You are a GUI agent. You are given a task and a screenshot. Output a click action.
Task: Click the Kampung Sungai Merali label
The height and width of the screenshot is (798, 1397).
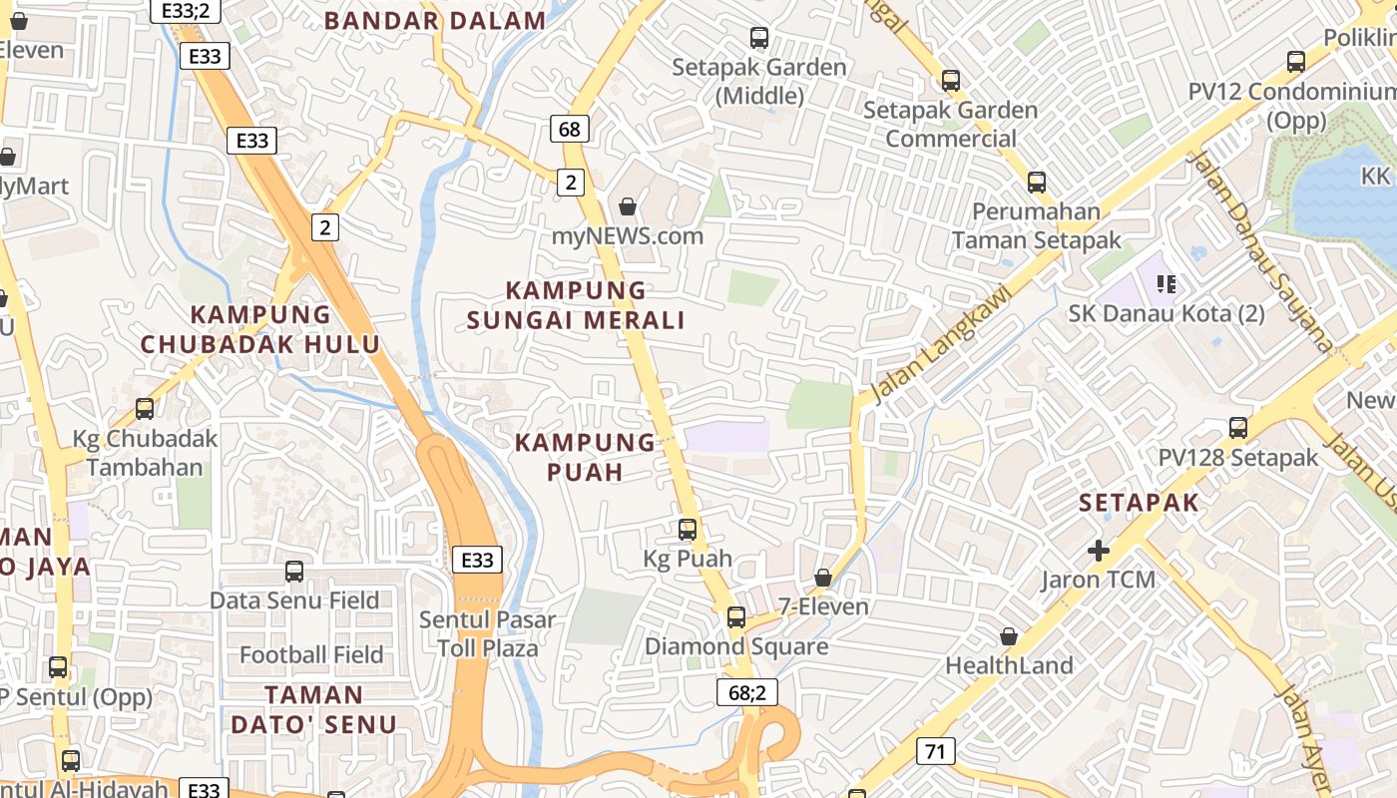(576, 305)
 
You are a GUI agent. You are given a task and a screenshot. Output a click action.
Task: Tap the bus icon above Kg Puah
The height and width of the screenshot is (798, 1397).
(688, 530)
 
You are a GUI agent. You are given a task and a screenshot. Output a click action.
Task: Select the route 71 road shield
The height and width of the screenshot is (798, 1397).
(935, 751)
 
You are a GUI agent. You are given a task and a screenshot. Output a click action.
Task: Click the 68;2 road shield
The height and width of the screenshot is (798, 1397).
(746, 692)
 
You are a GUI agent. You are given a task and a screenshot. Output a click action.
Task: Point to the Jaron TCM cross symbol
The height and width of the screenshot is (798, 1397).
(1099, 550)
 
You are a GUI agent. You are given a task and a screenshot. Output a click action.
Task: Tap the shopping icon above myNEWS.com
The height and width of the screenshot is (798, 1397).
(628, 206)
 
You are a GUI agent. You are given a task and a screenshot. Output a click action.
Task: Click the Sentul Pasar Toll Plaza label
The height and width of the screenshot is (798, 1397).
(487, 633)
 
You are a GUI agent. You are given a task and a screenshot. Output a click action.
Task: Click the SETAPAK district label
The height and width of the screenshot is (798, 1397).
(1139, 503)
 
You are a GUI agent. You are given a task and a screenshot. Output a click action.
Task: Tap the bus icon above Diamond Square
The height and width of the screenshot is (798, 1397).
(735, 617)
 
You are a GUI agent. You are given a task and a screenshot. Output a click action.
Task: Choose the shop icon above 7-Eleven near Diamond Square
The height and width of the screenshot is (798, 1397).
(823, 578)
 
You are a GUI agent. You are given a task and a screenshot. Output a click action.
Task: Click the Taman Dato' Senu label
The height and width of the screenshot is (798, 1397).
(313, 709)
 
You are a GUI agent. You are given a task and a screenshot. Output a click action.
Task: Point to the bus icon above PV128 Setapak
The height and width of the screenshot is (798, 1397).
(1238, 428)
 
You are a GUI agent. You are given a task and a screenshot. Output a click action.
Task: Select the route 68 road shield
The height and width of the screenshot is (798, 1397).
(570, 129)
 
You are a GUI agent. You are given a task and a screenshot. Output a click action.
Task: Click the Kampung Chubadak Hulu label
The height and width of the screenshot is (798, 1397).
(260, 329)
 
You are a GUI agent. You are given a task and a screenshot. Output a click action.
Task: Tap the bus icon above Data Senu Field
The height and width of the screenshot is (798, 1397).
(294, 572)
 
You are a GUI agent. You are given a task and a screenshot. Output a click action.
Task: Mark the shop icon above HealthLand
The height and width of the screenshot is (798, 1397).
(1009, 636)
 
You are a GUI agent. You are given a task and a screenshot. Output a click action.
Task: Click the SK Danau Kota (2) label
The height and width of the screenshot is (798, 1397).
(1165, 313)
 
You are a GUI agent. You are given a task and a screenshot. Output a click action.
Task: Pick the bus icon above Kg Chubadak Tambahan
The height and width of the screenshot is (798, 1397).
(145, 409)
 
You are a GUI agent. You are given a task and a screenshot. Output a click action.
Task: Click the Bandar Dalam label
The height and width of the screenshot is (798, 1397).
(435, 20)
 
